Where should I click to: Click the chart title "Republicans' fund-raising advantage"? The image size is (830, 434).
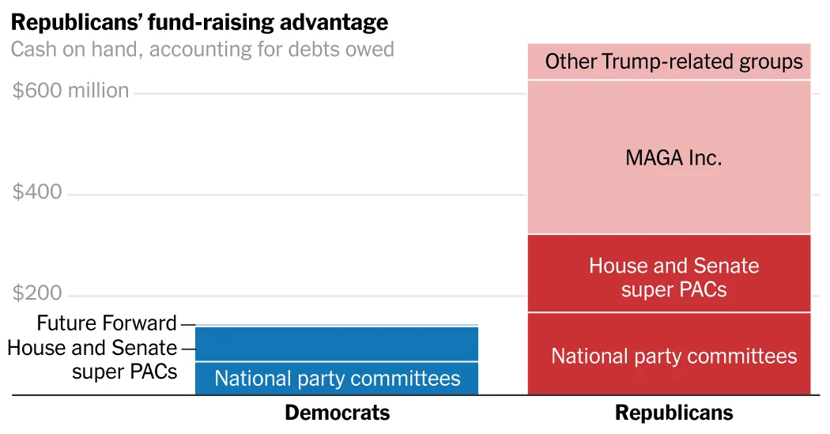pyautogui.click(x=199, y=22)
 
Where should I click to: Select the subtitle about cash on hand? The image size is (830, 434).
pyautogui.click(x=202, y=50)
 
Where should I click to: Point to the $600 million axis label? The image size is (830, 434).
pyautogui.click(x=70, y=91)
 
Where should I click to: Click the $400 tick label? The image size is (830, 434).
pyautogui.click(x=37, y=192)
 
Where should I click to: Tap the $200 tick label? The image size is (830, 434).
pyautogui.click(x=37, y=294)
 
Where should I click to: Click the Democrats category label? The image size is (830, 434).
pyautogui.click(x=337, y=413)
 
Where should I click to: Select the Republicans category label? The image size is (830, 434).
pyautogui.click(x=673, y=413)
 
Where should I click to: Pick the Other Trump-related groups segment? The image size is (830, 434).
pyautogui.click(x=669, y=62)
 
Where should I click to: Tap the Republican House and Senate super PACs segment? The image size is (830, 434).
pyautogui.click(x=669, y=274)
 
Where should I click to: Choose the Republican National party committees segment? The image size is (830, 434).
pyautogui.click(x=669, y=356)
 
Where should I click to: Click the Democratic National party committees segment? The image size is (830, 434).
pyautogui.click(x=337, y=378)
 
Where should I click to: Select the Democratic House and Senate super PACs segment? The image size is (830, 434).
pyautogui.click(x=337, y=344)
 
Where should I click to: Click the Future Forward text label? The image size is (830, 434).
pyautogui.click(x=107, y=323)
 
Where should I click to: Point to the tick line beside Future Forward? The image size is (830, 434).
pyautogui.click(x=187, y=324)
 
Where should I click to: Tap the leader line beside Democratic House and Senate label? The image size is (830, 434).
pyautogui.click(x=187, y=349)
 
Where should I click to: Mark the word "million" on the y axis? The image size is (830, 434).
pyautogui.click(x=98, y=91)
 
